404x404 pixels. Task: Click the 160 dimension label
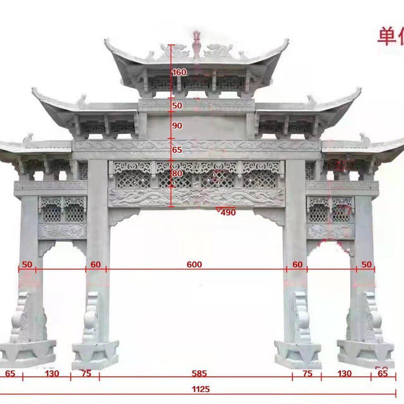click(x=179, y=72)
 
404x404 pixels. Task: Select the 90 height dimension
click(x=177, y=126)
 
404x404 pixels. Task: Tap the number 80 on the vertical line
click(x=177, y=173)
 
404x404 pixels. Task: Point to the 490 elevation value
click(x=228, y=213)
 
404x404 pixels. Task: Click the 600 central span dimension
click(x=194, y=265)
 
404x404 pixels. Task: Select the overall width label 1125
click(x=201, y=389)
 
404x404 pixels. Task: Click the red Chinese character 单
click(x=387, y=36)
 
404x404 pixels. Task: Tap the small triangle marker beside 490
click(x=218, y=210)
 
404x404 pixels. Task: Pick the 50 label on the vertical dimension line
click(x=177, y=106)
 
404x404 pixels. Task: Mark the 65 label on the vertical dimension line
click(x=177, y=150)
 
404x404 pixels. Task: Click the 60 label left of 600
click(x=95, y=265)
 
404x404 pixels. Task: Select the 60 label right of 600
click(x=297, y=265)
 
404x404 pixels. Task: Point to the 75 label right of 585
click(x=307, y=373)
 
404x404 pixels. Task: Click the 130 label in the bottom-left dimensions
click(x=52, y=373)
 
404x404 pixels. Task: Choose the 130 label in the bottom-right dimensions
click(x=344, y=373)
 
